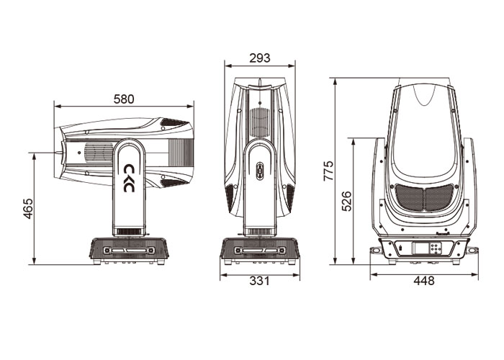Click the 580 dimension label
tap(124, 99)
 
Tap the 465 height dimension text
tap(28, 209)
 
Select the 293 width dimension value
tap(260, 58)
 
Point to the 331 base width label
tap(259, 281)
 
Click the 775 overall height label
tap(328, 171)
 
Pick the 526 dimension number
tap(346, 201)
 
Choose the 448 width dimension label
tap(423, 281)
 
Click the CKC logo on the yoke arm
tap(129, 178)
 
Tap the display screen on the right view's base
tap(420, 249)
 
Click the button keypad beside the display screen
tap(435, 248)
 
